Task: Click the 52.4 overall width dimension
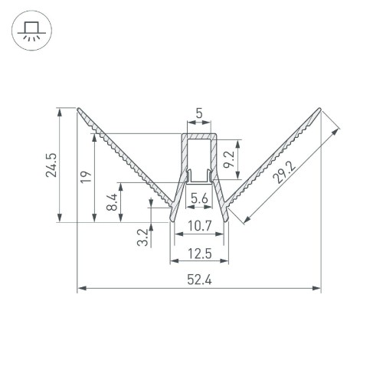pos(198,280)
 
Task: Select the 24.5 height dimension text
pos(50,165)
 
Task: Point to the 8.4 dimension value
pos(112,203)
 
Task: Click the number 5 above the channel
pos(199,114)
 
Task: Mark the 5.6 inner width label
pos(199,198)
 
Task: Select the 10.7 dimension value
pos(198,226)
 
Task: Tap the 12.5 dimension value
pos(198,252)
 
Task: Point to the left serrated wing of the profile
pos(123,153)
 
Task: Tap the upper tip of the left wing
pos(79,108)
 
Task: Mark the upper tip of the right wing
pos(319,108)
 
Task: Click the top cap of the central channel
pos(199,134)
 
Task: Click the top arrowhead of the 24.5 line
pos(58,111)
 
